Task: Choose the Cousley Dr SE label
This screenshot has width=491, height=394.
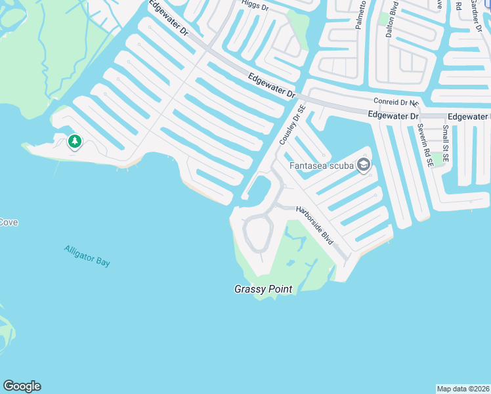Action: pos(292,125)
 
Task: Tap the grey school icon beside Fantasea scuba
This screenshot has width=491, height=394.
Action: pos(363,165)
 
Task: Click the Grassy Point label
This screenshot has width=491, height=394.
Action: pos(263,289)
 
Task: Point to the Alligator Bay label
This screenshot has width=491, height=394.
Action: pos(87,255)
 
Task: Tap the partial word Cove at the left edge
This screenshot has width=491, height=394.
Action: pos(9,223)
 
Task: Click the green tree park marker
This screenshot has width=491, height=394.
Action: pos(75,141)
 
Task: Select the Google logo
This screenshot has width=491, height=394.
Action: pos(22,386)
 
